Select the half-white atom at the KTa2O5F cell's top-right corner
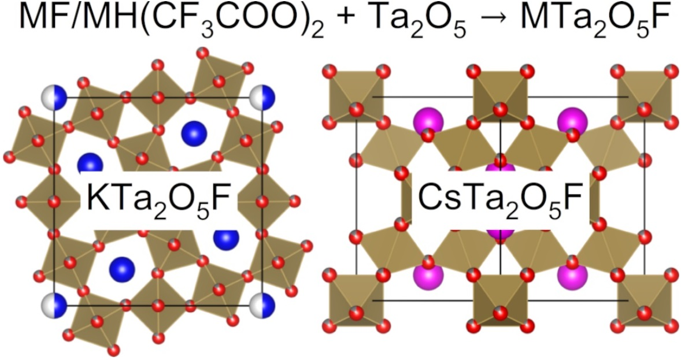263,97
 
